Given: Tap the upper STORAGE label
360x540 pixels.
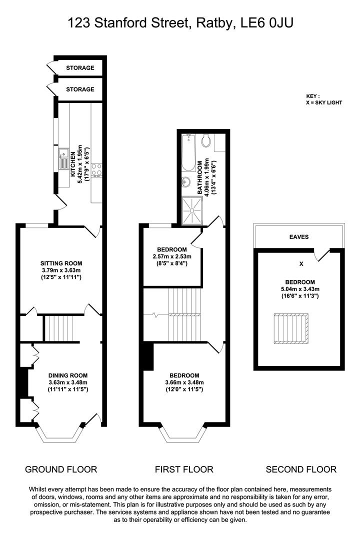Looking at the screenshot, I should (80, 68).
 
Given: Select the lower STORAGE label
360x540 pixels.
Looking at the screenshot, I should (80, 89).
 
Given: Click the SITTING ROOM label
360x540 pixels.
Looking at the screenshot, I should (61, 263).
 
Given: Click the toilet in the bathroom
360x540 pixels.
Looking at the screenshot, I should (206, 141).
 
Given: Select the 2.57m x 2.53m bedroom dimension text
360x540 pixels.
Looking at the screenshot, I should (172, 256).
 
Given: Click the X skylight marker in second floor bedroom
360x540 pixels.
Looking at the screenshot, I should (300, 263).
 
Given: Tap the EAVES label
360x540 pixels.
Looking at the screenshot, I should (299, 237).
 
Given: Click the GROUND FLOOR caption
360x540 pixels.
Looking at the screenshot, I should (61, 469).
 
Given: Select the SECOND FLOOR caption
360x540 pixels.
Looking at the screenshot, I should (301, 469).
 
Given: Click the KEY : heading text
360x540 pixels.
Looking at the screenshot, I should (313, 96).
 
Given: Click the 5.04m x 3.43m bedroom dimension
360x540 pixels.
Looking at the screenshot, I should (300, 289).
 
